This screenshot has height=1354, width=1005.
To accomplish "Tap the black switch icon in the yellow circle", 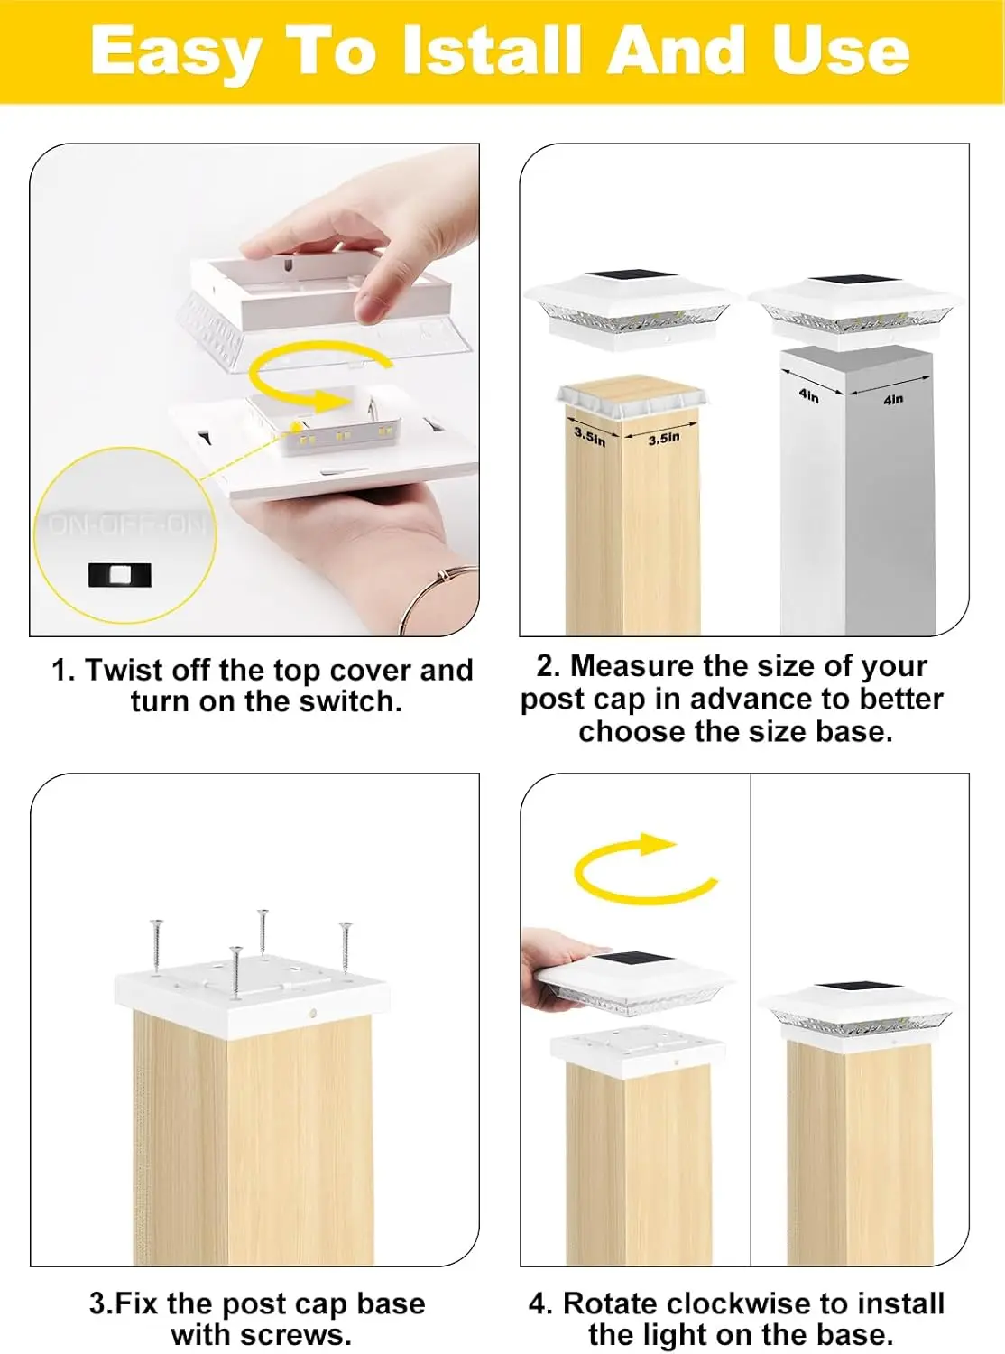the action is coord(120,574).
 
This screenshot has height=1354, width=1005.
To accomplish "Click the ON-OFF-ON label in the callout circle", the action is coord(125,525).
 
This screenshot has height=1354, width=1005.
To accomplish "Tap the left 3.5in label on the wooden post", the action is coord(589,437).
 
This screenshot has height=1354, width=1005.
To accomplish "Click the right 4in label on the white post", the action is coord(893,399).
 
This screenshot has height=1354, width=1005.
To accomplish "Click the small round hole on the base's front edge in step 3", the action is coord(313,1013).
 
